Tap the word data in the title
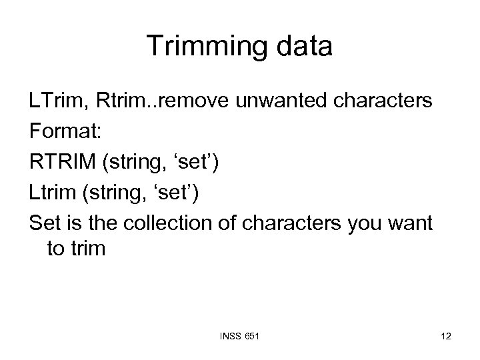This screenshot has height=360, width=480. pyautogui.click(x=299, y=46)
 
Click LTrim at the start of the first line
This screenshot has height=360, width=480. pyautogui.click(x=55, y=103)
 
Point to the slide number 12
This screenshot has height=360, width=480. pyautogui.click(x=445, y=337)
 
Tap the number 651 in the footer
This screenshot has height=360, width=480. pyautogui.click(x=251, y=337)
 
